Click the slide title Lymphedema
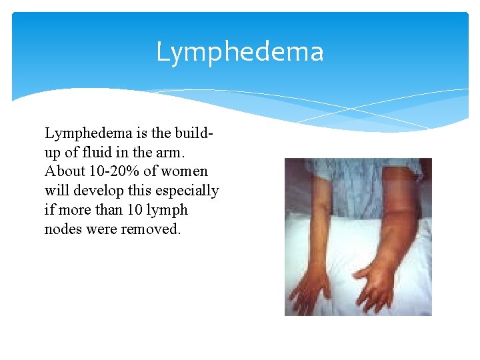(239, 52)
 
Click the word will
(57, 190)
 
